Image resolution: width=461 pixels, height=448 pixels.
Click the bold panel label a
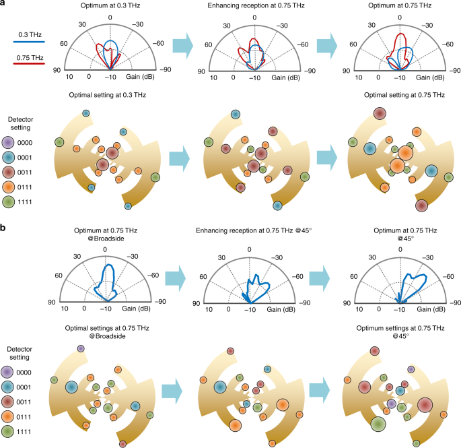click(5, 5)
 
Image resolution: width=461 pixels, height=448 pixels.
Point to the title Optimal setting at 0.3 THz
click(103, 95)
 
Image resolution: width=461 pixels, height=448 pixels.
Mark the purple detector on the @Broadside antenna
click(81, 348)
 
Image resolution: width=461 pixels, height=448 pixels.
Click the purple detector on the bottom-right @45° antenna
click(392, 404)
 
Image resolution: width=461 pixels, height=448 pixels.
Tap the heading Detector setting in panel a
click(20, 123)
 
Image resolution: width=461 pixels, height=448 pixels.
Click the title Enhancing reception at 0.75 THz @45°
click(249, 232)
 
